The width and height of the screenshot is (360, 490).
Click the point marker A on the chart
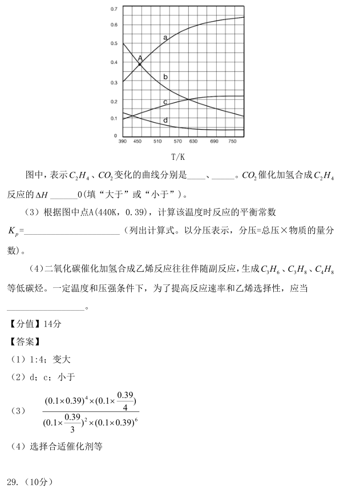coord(140,64)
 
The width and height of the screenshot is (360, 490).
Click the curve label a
coord(165,38)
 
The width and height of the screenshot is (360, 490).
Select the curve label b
coord(165,77)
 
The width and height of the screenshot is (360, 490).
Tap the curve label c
coord(165,102)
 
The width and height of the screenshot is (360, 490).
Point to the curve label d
coord(165,121)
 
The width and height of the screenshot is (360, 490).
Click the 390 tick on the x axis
coord(123,141)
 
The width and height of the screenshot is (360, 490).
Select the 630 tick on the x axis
coord(193,141)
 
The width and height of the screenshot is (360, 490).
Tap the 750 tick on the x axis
coord(232,141)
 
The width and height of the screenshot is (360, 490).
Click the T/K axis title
coord(177,156)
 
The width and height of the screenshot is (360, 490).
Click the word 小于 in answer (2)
coord(68,377)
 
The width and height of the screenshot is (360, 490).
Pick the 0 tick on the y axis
coord(116,136)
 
